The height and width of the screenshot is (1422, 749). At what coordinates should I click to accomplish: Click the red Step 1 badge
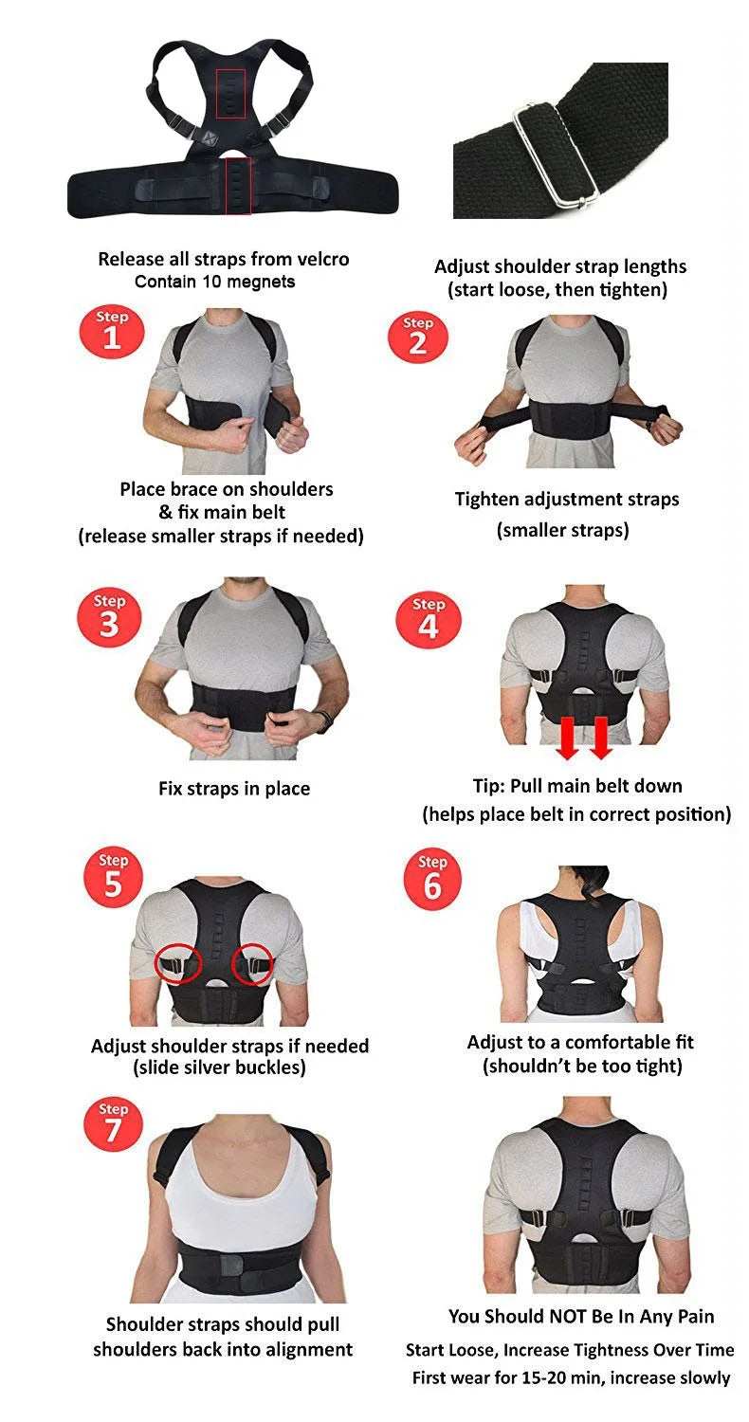click(x=112, y=332)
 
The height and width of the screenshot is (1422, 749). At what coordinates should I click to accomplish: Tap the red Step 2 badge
click(x=418, y=337)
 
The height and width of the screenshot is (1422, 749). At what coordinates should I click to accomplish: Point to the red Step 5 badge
click(x=113, y=876)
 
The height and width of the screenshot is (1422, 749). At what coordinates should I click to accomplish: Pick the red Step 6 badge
click(x=432, y=877)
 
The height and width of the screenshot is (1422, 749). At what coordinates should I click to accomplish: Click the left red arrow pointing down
click(x=568, y=739)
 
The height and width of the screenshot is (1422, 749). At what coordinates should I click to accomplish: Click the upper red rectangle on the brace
click(x=231, y=93)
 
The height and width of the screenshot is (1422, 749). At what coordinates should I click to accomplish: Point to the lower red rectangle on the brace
click(x=238, y=187)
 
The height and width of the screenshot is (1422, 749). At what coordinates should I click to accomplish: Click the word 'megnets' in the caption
click(x=261, y=282)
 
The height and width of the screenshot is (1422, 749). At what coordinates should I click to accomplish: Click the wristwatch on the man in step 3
click(x=323, y=721)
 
